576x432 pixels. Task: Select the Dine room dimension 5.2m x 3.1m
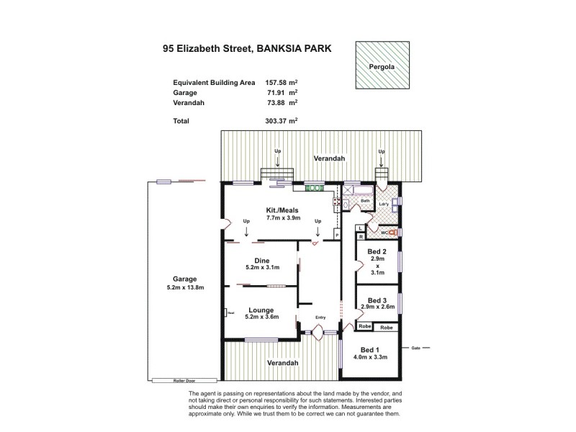pyautogui.click(x=262, y=267)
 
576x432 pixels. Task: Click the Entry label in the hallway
pyautogui.click(x=321, y=317)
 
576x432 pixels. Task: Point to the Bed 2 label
pyautogui.click(x=377, y=251)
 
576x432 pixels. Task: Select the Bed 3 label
pyautogui.click(x=377, y=300)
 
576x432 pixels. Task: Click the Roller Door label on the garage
pyautogui.click(x=184, y=380)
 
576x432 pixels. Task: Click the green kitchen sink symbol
pyautogui.click(x=314, y=188)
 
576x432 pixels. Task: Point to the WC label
pyautogui.click(x=385, y=233)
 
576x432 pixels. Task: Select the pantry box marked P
pyautogui.click(x=336, y=235)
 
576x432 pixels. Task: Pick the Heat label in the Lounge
pyautogui.click(x=231, y=312)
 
